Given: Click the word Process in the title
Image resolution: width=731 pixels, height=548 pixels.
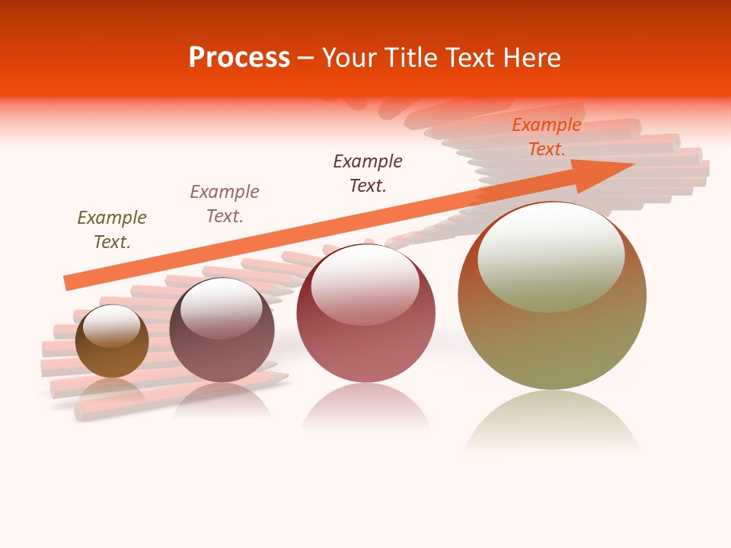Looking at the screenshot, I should (x=239, y=58).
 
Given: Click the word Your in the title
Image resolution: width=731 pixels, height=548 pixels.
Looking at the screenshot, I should (x=350, y=58).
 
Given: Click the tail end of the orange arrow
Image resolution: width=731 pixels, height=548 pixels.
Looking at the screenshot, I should (x=69, y=282).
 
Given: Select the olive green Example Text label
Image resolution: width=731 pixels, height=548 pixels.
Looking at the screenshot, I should (x=112, y=230).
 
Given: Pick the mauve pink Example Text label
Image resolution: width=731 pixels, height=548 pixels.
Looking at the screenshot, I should (x=225, y=204).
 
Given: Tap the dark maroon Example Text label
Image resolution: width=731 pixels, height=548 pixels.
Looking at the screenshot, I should (x=368, y=174).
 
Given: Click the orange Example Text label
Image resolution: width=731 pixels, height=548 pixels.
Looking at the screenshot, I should (x=547, y=137).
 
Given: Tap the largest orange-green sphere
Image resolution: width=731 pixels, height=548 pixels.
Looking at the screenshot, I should (x=552, y=342).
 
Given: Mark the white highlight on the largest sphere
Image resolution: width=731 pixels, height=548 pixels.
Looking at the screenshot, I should (x=551, y=255).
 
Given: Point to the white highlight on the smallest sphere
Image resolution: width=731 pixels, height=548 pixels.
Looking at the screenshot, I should (x=111, y=326).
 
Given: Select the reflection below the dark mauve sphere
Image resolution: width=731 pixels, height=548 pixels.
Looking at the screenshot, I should (x=222, y=400).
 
